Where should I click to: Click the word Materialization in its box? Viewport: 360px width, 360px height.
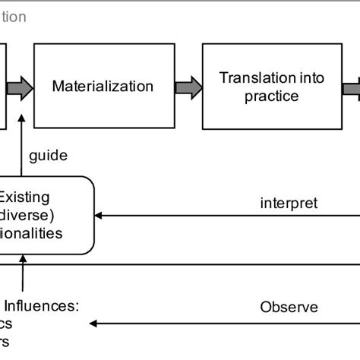pyautogui.click(x=102, y=87)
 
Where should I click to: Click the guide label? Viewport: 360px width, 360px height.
pyautogui.click(x=48, y=156)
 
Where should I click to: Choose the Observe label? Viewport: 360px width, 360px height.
pyautogui.click(x=289, y=308)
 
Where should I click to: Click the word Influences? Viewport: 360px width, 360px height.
pyautogui.click(x=48, y=307)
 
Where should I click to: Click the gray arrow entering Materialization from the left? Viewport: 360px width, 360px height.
pyautogui.click(x=21, y=87)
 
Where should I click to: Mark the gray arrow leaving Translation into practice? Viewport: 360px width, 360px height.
pyautogui.click(x=352, y=87)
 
